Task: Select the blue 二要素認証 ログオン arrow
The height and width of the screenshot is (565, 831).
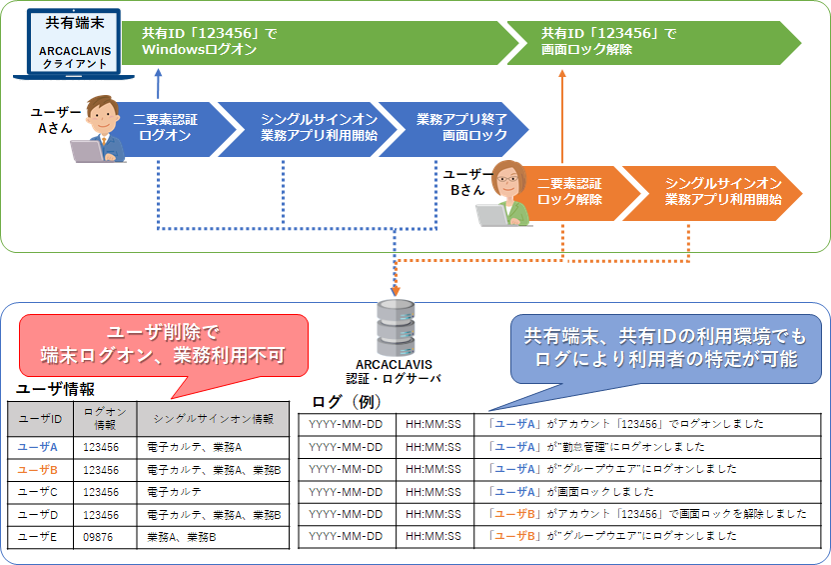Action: [165, 127]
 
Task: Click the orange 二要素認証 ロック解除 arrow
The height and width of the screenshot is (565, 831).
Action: [569, 191]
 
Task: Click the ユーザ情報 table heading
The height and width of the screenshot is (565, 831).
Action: [55, 390]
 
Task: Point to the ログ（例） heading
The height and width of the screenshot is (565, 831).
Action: [346, 401]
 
